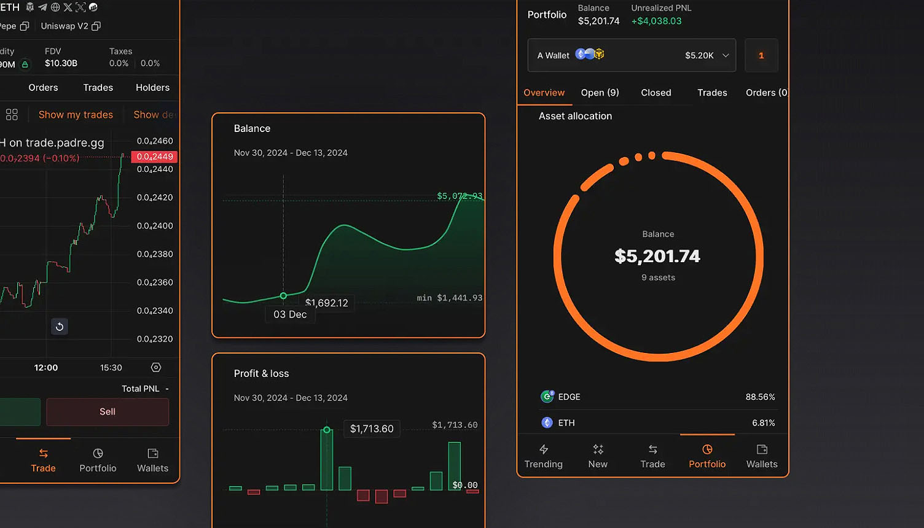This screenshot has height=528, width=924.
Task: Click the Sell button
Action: click(x=108, y=412)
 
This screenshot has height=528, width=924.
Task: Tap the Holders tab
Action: click(x=152, y=88)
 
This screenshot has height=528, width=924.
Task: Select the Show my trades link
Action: click(x=76, y=115)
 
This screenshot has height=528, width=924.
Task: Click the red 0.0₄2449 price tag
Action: click(x=154, y=157)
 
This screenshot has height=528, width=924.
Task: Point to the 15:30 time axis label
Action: click(x=111, y=368)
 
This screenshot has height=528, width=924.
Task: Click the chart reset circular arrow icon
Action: click(x=60, y=327)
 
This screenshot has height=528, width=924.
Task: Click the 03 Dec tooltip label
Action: click(x=290, y=314)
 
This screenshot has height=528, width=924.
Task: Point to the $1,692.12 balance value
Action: click(x=327, y=303)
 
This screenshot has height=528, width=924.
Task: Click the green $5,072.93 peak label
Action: click(x=459, y=196)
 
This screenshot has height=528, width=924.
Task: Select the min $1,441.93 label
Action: click(x=450, y=298)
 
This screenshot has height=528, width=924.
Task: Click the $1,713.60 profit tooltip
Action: click(x=372, y=429)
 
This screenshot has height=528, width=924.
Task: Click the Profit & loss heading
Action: click(x=261, y=373)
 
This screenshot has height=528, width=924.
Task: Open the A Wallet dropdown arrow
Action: click(x=726, y=55)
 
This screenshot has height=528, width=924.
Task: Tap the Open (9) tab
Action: click(x=600, y=93)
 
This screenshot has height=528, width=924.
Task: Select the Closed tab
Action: click(x=656, y=93)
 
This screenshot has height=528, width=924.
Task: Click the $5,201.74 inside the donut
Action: click(x=657, y=256)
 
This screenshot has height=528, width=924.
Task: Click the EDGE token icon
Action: click(x=547, y=397)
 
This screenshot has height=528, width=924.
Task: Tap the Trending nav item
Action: click(x=543, y=457)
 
